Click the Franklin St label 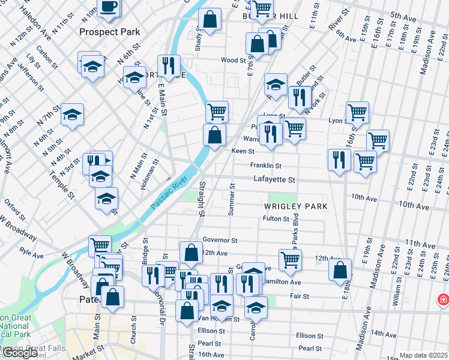click(266, 166)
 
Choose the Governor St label click(220, 240)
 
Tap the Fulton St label click(276, 219)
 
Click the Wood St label click(234, 60)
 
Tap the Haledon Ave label click(30, 16)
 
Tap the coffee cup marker click(108, 7)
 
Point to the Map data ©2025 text click(423, 355)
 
